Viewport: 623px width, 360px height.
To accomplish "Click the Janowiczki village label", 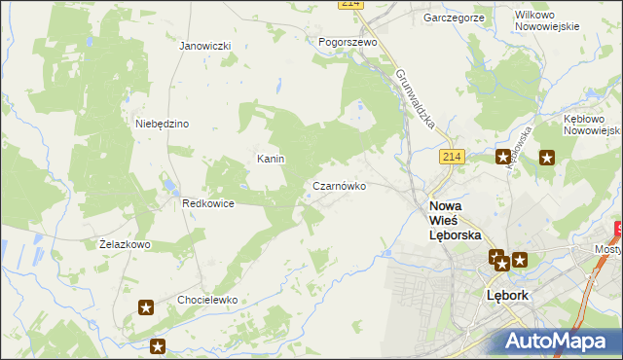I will [x=204, y=46].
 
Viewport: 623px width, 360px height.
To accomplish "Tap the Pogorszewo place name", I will [x=348, y=43].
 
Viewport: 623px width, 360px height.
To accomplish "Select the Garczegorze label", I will [x=455, y=18].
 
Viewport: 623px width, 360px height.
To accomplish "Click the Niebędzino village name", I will [x=162, y=124].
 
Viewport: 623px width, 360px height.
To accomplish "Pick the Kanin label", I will [x=270, y=159].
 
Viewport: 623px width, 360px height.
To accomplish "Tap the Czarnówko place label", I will [x=339, y=186].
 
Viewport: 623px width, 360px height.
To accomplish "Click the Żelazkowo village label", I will [x=125, y=244].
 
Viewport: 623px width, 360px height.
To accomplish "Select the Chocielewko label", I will [x=207, y=301].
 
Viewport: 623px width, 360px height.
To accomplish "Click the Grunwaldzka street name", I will [x=420, y=101].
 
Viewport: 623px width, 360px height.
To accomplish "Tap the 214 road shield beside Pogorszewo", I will [x=351, y=5].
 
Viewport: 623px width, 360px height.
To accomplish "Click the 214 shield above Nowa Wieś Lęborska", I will [x=450, y=156].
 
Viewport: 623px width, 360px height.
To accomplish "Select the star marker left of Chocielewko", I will [x=146, y=308].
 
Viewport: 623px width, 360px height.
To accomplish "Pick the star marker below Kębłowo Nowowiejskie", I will [x=546, y=158].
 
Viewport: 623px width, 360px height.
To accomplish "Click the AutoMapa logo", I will [x=555, y=341].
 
